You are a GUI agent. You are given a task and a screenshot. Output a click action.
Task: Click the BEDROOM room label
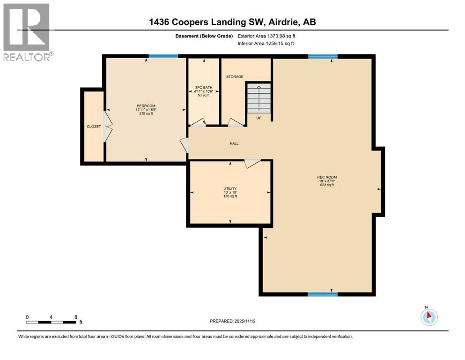coord(146,105)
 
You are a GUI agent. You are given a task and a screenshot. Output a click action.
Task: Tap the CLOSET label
coord(94,127)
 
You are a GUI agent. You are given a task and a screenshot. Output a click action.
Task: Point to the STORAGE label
coord(235,77)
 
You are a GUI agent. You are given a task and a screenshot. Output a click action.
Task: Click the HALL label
coord(234,143)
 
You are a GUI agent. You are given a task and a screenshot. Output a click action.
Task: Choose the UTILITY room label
coord(230,188)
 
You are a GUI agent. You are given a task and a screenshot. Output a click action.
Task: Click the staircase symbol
coord(258,97)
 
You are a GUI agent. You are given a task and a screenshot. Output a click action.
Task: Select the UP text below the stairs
coord(258,118)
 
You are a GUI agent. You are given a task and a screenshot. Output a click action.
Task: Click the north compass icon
coord(428,317)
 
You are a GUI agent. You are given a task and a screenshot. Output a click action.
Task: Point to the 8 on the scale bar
coord(75,317)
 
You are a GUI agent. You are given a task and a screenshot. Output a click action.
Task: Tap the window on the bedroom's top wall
coord(163,56)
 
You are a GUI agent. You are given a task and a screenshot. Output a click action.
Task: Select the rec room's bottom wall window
coord(323,294)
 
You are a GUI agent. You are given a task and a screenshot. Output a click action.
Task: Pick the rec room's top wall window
coord(323,56)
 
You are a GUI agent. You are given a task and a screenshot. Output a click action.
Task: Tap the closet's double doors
coord(108,127)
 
